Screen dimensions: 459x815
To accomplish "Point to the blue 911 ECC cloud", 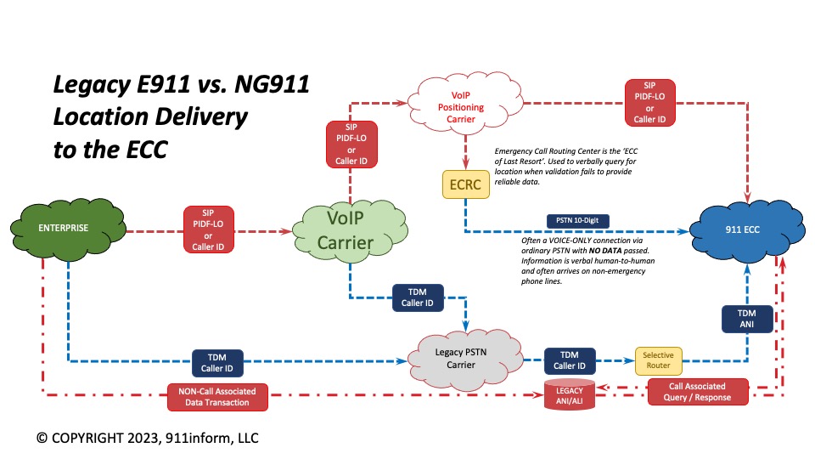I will pyautogui.click(x=734, y=229).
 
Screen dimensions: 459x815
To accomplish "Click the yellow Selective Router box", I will pyautogui.click(x=658, y=361).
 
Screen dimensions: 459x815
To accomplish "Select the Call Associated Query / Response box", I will pyautogui.click(x=699, y=392).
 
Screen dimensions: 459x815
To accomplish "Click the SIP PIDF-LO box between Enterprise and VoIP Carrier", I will pyautogui.click(x=208, y=229).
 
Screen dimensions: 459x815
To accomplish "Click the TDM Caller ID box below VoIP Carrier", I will pyautogui.click(x=417, y=297).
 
